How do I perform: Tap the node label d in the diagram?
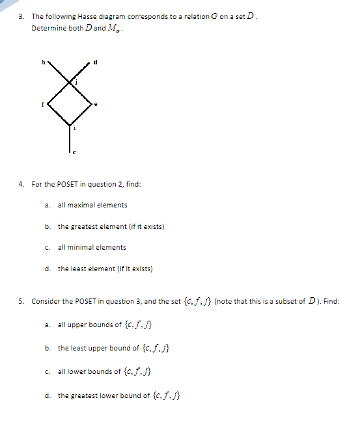[97, 62]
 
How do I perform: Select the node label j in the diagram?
[76, 82]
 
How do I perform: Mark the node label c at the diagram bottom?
[74, 153]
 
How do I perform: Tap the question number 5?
[22, 301]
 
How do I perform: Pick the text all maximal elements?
[92, 205]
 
